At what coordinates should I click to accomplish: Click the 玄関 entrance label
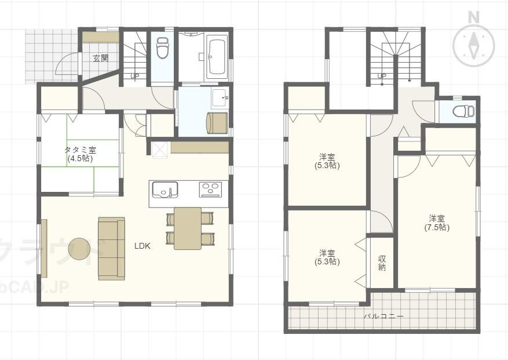click(100, 59)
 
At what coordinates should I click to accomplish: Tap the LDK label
click(142, 246)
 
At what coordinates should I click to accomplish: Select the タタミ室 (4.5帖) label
click(80, 154)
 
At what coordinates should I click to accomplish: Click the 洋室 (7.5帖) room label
click(437, 223)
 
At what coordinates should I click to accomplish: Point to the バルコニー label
click(383, 316)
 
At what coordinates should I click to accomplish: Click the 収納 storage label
click(382, 263)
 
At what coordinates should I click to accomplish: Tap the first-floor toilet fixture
click(162, 48)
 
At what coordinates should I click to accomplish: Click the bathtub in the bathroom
click(217, 57)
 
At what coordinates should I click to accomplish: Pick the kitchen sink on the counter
click(165, 190)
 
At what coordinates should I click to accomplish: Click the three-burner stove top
click(210, 190)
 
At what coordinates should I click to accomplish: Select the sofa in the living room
click(111, 249)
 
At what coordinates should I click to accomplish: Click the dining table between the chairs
click(188, 228)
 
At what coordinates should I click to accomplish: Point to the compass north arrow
click(474, 45)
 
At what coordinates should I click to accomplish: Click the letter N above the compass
click(474, 18)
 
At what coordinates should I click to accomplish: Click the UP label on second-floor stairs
click(382, 77)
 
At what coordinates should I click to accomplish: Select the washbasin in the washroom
click(220, 97)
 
